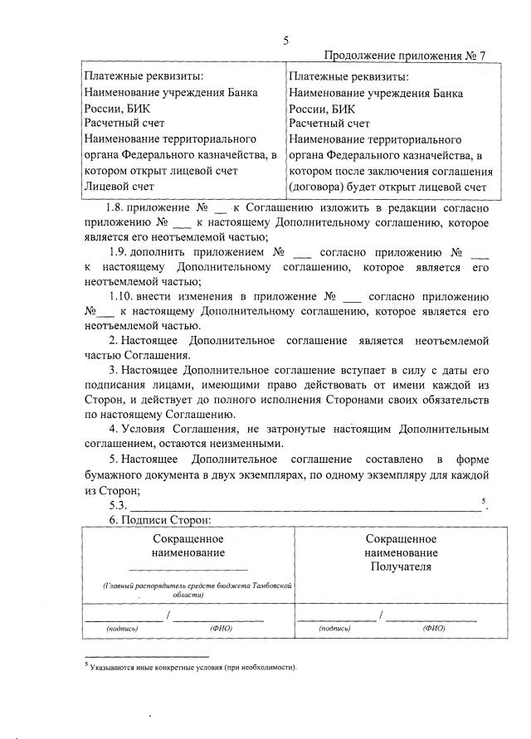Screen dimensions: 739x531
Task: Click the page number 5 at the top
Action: pyautogui.click(x=285, y=40)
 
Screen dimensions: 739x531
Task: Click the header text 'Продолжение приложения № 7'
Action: pyautogui.click(x=404, y=56)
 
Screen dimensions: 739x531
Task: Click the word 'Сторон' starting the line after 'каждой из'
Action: pyautogui.click(x=104, y=400)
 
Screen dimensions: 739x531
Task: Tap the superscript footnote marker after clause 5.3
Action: pyautogui.click(x=483, y=500)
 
